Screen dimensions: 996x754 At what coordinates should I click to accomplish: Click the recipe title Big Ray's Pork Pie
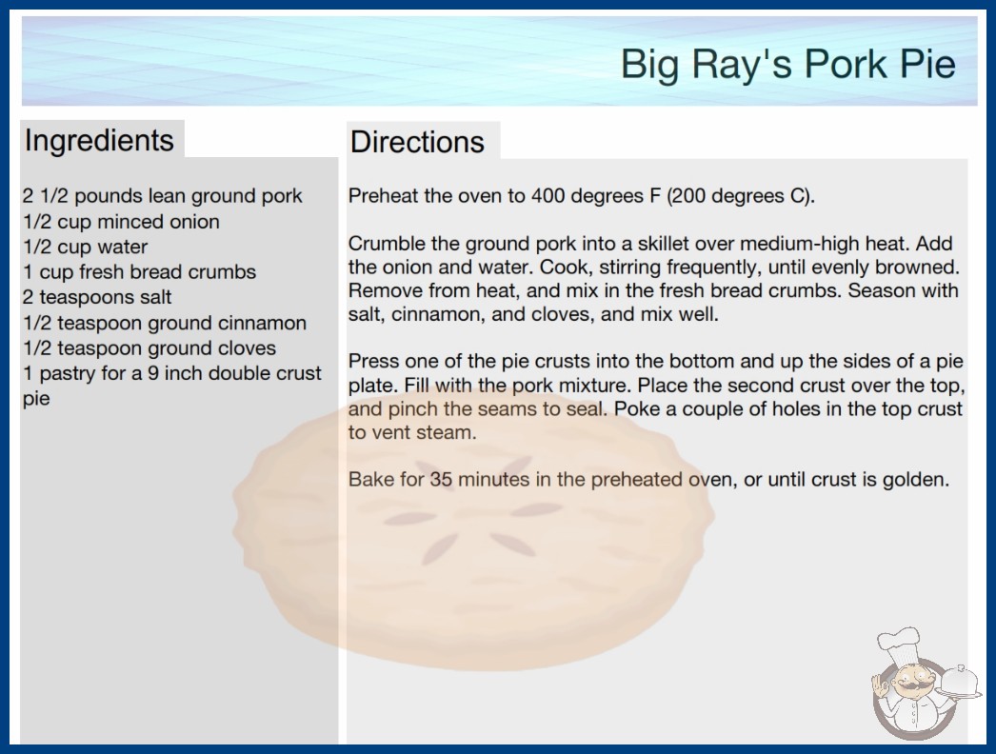[787, 64]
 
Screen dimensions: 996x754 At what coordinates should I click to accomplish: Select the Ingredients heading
[99, 141]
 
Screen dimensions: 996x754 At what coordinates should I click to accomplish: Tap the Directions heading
[417, 142]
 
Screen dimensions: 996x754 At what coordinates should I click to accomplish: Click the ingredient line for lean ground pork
[163, 196]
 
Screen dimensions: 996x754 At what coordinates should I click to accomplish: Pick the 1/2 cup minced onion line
[121, 222]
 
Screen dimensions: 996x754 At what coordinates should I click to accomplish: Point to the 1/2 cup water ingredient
[85, 247]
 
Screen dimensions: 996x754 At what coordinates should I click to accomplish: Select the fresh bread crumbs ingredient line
[140, 272]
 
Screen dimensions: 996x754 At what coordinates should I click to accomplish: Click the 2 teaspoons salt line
[97, 297]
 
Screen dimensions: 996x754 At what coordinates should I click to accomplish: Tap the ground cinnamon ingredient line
[165, 323]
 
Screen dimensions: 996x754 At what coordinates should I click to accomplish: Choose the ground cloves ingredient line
[149, 348]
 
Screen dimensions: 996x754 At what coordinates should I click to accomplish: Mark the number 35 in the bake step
[441, 479]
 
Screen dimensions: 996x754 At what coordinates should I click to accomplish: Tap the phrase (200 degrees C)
[741, 196]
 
